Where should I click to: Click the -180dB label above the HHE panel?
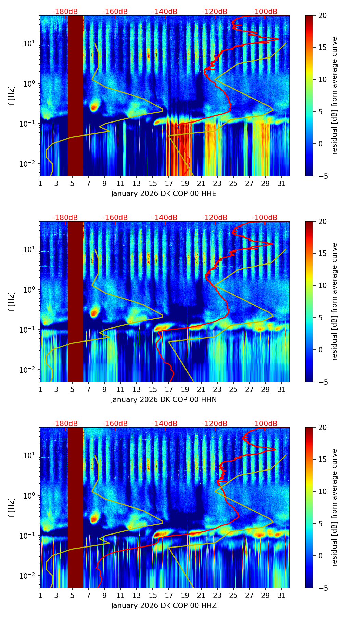pyautogui.click(x=65, y=12)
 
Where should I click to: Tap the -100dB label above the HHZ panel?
pyautogui.click(x=265, y=424)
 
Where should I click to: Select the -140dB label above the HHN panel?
pyautogui.click(x=165, y=218)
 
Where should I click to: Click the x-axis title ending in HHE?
pyautogui.click(x=164, y=194)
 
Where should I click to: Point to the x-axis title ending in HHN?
pyautogui.click(x=164, y=400)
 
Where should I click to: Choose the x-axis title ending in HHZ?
pyautogui.click(x=164, y=606)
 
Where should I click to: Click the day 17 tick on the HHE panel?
pyautogui.click(x=169, y=183)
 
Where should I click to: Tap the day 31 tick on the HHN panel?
pyautogui.click(x=281, y=389)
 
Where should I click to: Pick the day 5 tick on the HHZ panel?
pyautogui.click(x=72, y=595)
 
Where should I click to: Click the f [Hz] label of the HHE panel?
pyautogui.click(x=12, y=95)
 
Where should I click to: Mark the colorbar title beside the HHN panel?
pyautogui.click(x=335, y=301)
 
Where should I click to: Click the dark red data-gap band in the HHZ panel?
pyautogui.click(x=76, y=506)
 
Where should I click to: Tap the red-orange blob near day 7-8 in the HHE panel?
pyautogui.click(x=94, y=107)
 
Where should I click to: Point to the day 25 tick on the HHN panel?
pyautogui.click(x=233, y=389)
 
